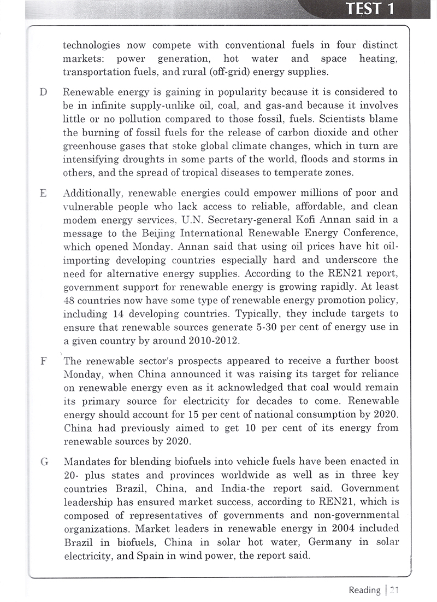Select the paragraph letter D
pyautogui.click(x=43, y=92)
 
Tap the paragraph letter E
pyautogui.click(x=43, y=194)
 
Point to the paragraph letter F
pyautogui.click(x=43, y=361)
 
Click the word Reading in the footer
pyautogui.click(x=365, y=589)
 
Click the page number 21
pyautogui.click(x=395, y=589)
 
